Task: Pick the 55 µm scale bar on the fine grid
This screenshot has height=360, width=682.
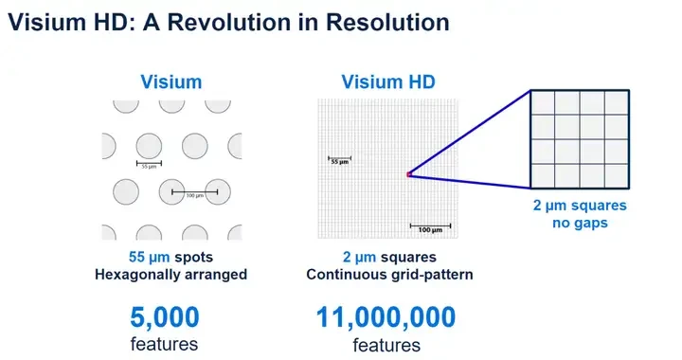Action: (340, 158)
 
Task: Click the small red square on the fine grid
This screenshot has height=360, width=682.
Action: (408, 174)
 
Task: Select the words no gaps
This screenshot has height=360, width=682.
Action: (579, 224)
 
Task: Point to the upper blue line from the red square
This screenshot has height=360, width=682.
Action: (469, 133)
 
